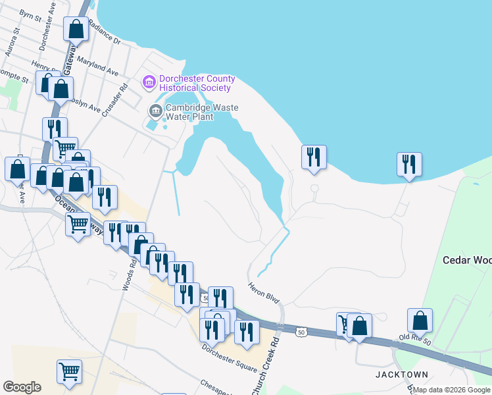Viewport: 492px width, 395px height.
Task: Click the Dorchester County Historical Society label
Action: pyautogui.click(x=196, y=83)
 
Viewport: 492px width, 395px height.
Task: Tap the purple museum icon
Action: pyautogui.click(x=149, y=82)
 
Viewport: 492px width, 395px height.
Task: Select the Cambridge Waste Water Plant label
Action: pyautogui.click(x=201, y=112)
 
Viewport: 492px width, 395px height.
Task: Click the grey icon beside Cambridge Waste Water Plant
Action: pyautogui.click(x=156, y=110)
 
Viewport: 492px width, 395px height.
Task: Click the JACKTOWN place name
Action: pyautogui.click(x=401, y=375)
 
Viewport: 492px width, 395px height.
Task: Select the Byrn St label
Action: pyautogui.click(x=30, y=14)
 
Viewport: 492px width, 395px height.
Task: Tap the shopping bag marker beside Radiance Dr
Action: pyautogui.click(x=76, y=28)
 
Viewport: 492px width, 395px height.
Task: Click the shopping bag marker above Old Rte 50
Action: pyautogui.click(x=420, y=321)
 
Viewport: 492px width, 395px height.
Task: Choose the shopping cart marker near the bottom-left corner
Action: pyautogui.click(x=69, y=371)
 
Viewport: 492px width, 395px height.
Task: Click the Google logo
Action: pyautogui.click(x=22, y=387)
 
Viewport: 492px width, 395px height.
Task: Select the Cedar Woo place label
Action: pyautogui.click(x=467, y=259)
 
